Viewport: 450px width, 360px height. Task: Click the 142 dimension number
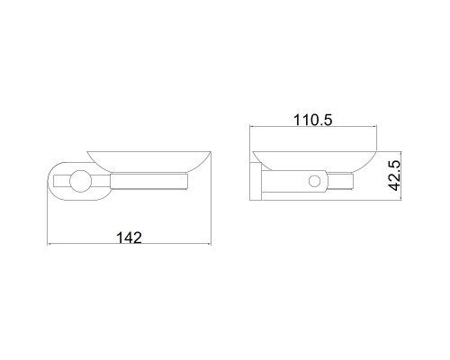129,238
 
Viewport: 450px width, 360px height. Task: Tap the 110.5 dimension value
313,120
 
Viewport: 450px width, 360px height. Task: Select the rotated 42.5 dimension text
394,175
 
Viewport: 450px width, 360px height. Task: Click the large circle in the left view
80,181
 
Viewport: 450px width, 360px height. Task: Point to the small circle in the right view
315,181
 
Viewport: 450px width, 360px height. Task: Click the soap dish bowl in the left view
149,162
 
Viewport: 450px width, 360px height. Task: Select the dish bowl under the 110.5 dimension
315,161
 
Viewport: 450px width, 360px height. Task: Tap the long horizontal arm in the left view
148,181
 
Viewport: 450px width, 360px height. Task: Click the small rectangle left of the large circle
62,181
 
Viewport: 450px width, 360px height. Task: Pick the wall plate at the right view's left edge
256,181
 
